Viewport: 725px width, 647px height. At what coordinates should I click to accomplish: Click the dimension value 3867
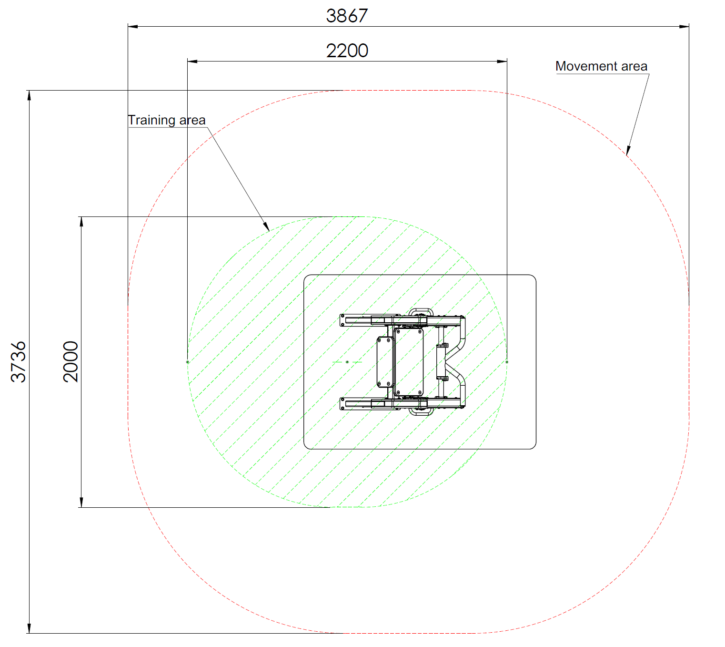(346, 16)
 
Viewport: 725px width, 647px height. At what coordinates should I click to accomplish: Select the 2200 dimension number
(346, 51)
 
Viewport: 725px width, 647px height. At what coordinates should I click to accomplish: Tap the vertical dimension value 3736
(18, 362)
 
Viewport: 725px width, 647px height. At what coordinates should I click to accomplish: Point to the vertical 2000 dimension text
(70, 361)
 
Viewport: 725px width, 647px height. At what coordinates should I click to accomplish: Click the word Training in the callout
(152, 120)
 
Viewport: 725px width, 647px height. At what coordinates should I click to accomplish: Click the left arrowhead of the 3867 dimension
(133, 27)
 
